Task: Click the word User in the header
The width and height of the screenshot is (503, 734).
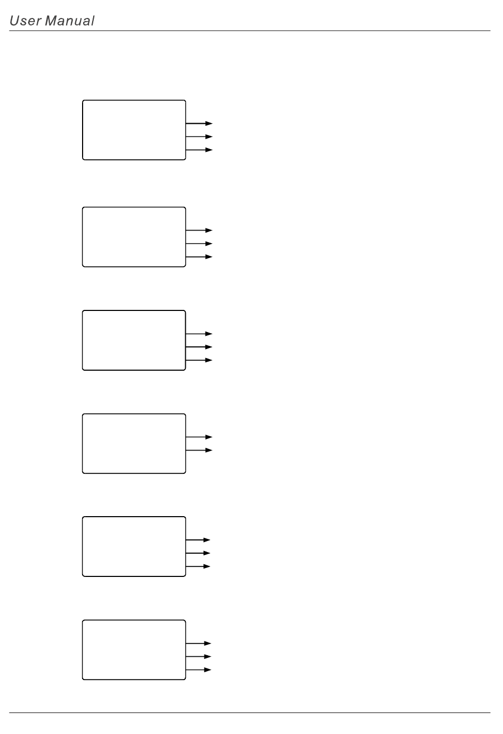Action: pyautogui.click(x=25, y=21)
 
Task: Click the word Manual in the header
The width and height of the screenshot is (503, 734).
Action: pyautogui.click(x=70, y=21)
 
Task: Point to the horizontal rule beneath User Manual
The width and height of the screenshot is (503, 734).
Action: pyautogui.click(x=249, y=31)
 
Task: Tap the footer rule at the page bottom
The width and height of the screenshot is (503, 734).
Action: pyautogui.click(x=249, y=712)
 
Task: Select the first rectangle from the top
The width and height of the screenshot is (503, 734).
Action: pyautogui.click(x=134, y=130)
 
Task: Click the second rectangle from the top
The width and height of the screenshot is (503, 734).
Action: pyautogui.click(x=134, y=237)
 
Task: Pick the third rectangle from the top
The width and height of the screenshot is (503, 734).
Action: pyautogui.click(x=134, y=340)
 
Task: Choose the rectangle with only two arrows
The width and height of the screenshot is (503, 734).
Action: pyautogui.click(x=134, y=443)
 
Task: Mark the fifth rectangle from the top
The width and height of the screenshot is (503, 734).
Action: pyautogui.click(x=134, y=546)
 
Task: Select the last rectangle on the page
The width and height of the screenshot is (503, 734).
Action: pyautogui.click(x=134, y=649)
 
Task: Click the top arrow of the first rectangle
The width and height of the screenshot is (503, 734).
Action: pyautogui.click(x=200, y=123)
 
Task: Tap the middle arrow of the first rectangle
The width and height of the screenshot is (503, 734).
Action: pyautogui.click(x=200, y=136)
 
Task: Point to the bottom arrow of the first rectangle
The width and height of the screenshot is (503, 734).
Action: pyautogui.click(x=200, y=150)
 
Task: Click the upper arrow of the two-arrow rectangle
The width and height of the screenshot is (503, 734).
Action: pyautogui.click(x=200, y=437)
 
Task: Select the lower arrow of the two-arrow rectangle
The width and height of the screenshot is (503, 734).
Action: pyautogui.click(x=200, y=450)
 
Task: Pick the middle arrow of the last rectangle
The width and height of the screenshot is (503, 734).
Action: pyautogui.click(x=199, y=656)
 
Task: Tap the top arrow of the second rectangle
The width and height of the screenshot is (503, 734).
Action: pyautogui.click(x=200, y=231)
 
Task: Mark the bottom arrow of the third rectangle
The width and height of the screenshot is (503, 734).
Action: pyautogui.click(x=200, y=360)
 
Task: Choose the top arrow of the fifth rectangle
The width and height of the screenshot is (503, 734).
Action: pyautogui.click(x=199, y=540)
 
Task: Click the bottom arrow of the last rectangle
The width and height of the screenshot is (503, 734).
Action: pyautogui.click(x=199, y=669)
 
